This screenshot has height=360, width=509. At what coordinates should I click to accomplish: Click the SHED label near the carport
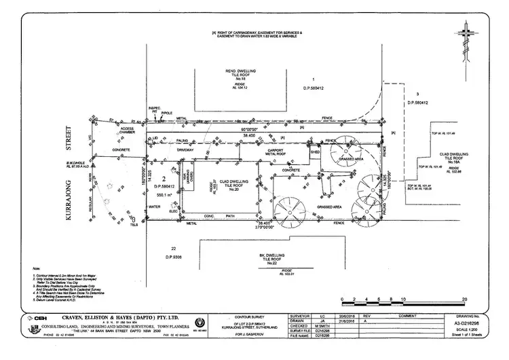(315, 153)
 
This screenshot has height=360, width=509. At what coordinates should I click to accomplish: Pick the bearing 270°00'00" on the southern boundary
(266, 228)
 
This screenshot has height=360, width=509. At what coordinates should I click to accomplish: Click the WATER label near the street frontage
(154, 206)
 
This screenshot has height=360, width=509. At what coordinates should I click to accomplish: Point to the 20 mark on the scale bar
(464, 300)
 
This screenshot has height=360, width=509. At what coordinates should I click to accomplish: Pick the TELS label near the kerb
(134, 222)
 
